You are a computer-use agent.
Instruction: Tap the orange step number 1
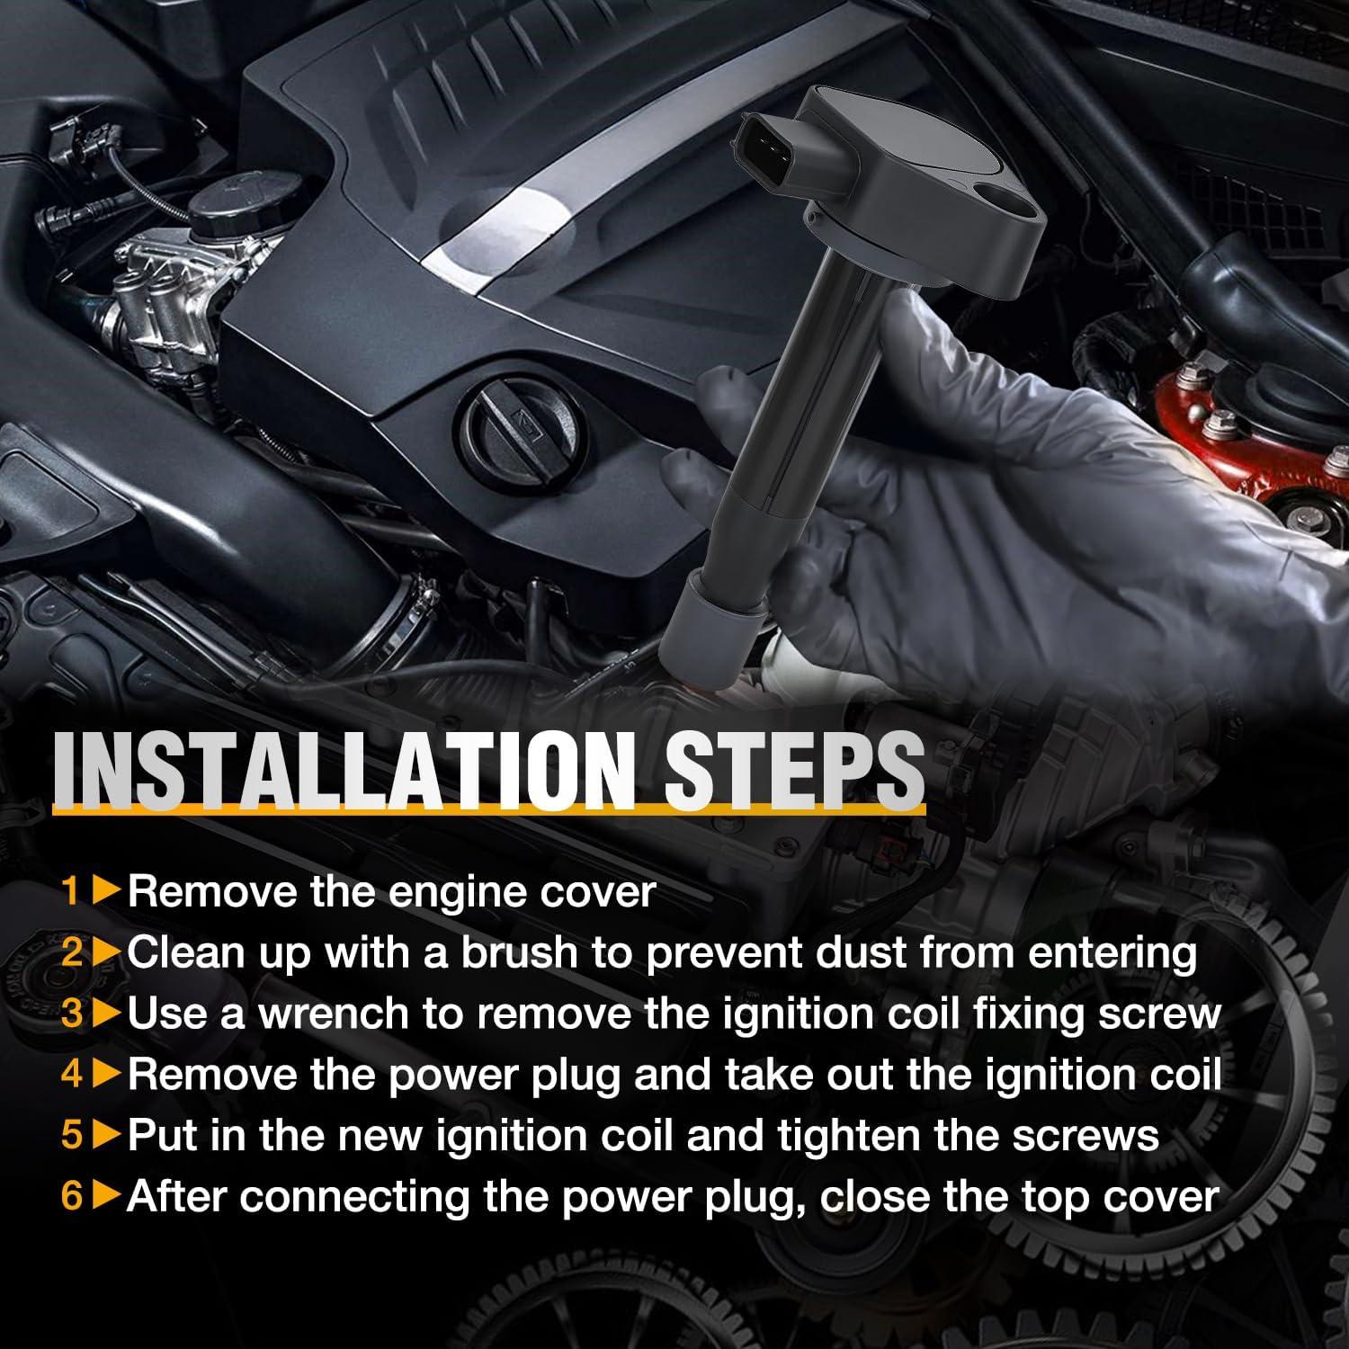pos(72,892)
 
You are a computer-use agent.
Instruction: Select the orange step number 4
pos(72,1075)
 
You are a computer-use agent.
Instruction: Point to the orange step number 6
pos(72,1197)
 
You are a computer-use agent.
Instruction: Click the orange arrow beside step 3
pos(107,1014)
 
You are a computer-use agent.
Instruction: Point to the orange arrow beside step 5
pos(107,1137)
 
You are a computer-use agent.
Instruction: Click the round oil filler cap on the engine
pos(517,423)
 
